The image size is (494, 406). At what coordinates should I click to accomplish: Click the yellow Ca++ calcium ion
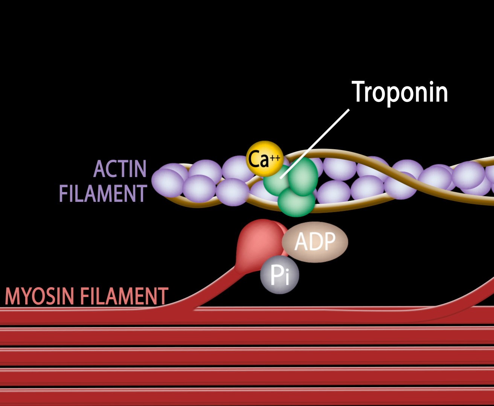265,159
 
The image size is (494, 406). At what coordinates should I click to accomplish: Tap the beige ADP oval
315,241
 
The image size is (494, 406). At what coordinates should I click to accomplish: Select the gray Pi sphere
279,275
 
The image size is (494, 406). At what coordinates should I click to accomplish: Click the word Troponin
400,92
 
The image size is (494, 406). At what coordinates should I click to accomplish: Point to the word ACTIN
120,169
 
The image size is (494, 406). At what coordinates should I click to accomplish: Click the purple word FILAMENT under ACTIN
103,194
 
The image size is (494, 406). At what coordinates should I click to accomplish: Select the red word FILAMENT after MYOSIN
124,297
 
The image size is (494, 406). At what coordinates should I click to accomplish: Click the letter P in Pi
275,276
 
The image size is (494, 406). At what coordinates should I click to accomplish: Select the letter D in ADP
315,241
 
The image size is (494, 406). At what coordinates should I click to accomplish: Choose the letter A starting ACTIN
99,169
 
